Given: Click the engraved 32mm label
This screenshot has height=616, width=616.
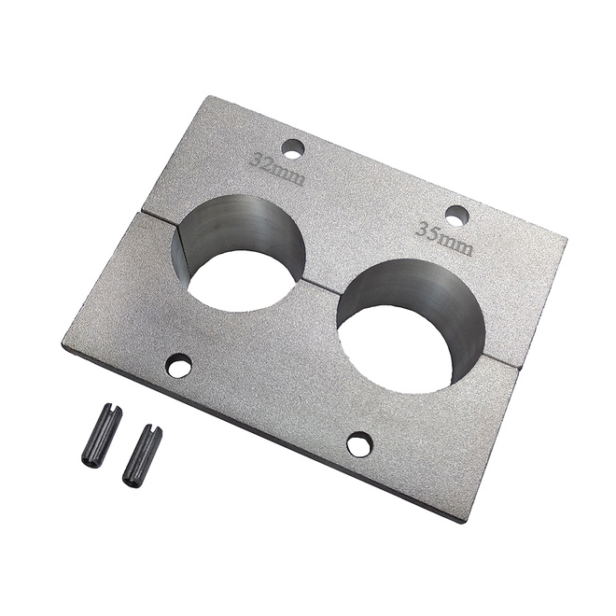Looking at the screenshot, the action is click(x=277, y=169).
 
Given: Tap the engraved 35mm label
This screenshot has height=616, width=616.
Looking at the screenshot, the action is click(x=444, y=237).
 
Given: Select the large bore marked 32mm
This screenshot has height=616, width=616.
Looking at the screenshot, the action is click(x=239, y=253).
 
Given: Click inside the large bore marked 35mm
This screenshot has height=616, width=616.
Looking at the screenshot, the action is click(x=411, y=326).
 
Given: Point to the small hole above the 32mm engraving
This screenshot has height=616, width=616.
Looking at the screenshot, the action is click(x=294, y=149).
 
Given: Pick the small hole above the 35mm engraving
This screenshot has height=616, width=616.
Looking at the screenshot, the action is click(x=457, y=216).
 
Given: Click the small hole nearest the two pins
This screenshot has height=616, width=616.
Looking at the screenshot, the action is click(x=179, y=364).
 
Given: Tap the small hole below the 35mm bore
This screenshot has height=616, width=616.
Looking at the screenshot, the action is click(x=359, y=443).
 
